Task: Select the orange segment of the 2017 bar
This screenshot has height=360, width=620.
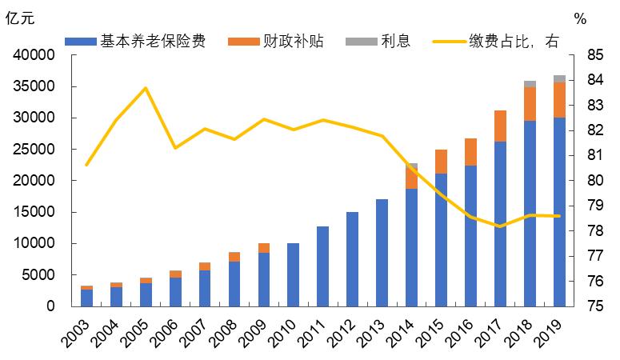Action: point(500,126)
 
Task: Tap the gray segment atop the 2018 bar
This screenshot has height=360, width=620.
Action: point(530,84)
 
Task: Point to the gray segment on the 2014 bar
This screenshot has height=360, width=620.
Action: point(411,166)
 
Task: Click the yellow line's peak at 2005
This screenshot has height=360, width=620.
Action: point(146,88)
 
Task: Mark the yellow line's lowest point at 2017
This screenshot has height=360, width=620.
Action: point(500,226)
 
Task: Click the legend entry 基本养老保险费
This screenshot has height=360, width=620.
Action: point(141,41)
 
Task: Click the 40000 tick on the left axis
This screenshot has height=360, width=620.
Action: point(34,55)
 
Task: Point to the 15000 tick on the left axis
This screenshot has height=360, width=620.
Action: point(34,212)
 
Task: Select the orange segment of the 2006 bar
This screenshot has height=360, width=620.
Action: point(174,274)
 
